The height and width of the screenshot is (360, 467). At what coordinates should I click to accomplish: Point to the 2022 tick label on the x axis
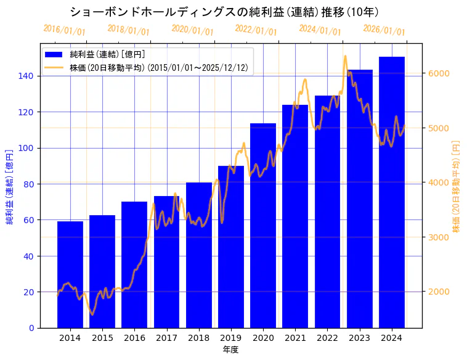[x=327, y=338]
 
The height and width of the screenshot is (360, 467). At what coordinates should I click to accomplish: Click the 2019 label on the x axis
[x=230, y=338]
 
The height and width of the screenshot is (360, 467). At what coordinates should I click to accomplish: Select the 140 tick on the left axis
[x=26, y=76]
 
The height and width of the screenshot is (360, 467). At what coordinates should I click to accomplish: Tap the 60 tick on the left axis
[x=28, y=220]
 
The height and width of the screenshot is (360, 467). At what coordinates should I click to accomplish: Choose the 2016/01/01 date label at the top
[x=65, y=30]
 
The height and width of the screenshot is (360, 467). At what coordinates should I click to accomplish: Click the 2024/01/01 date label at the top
[x=320, y=30]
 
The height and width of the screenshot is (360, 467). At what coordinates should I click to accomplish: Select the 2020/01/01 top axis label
[x=192, y=30]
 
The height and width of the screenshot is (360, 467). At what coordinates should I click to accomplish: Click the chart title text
[x=224, y=12]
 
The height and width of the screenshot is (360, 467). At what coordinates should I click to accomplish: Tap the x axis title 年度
[x=230, y=350]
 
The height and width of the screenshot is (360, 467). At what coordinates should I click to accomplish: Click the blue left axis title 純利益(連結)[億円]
[x=10, y=186]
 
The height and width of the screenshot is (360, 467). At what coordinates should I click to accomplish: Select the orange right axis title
[x=457, y=186]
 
